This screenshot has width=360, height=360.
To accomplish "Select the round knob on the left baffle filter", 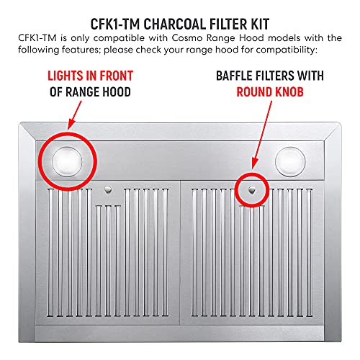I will pyautogui.click(x=107, y=189).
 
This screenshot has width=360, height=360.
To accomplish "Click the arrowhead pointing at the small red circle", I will pyautogui.click(x=256, y=168).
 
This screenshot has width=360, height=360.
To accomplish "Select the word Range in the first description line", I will pyautogui.click(x=216, y=36).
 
